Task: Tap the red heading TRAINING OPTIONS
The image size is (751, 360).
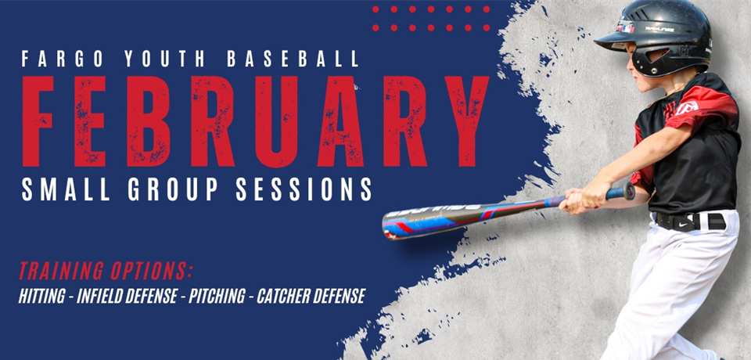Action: [x=106, y=272]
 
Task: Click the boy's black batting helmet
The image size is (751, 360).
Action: [x=665, y=35]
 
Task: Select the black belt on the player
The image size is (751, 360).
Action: [x=692, y=221]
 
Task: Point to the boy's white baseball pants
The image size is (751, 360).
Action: [x=673, y=290]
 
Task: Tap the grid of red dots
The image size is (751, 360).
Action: [x=431, y=18]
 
